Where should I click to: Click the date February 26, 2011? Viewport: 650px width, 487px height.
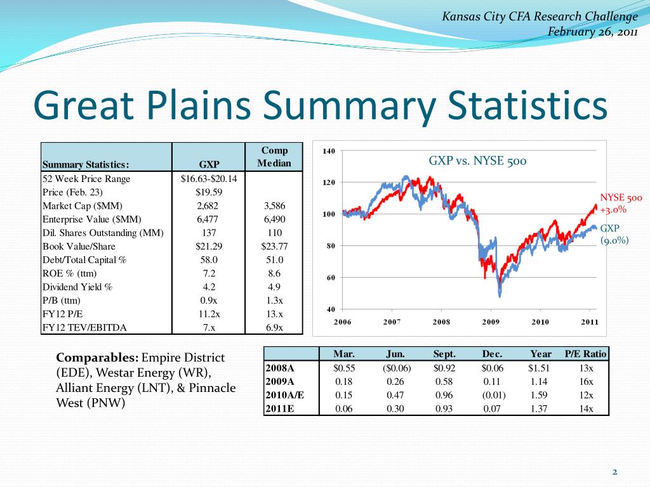coord(592,32)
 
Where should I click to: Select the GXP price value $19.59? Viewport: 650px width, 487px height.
coord(209,192)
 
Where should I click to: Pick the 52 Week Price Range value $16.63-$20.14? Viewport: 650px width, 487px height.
coord(209,179)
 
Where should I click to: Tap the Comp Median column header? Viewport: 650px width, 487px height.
coord(274,157)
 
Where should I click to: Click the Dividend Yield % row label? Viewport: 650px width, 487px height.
coord(77,287)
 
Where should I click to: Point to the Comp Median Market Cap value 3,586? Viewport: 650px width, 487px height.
coord(274,205)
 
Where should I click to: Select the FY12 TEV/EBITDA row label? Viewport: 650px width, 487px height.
coord(84,327)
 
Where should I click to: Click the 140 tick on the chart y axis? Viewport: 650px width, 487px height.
coord(329,151)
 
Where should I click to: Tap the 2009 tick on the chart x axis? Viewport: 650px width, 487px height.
coord(491,321)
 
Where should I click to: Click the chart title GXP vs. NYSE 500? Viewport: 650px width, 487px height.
coord(477,161)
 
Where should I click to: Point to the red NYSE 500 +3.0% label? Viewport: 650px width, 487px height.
coord(621,204)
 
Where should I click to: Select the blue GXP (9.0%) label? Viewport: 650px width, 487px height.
coord(614,234)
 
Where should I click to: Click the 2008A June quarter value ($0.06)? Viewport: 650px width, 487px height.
coord(396,368)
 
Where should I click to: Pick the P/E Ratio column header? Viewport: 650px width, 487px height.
coord(585,354)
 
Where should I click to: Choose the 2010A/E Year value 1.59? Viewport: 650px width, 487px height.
coord(540,395)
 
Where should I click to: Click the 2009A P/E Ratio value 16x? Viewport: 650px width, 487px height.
coord(586,382)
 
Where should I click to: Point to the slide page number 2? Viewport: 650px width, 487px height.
coord(614,472)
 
